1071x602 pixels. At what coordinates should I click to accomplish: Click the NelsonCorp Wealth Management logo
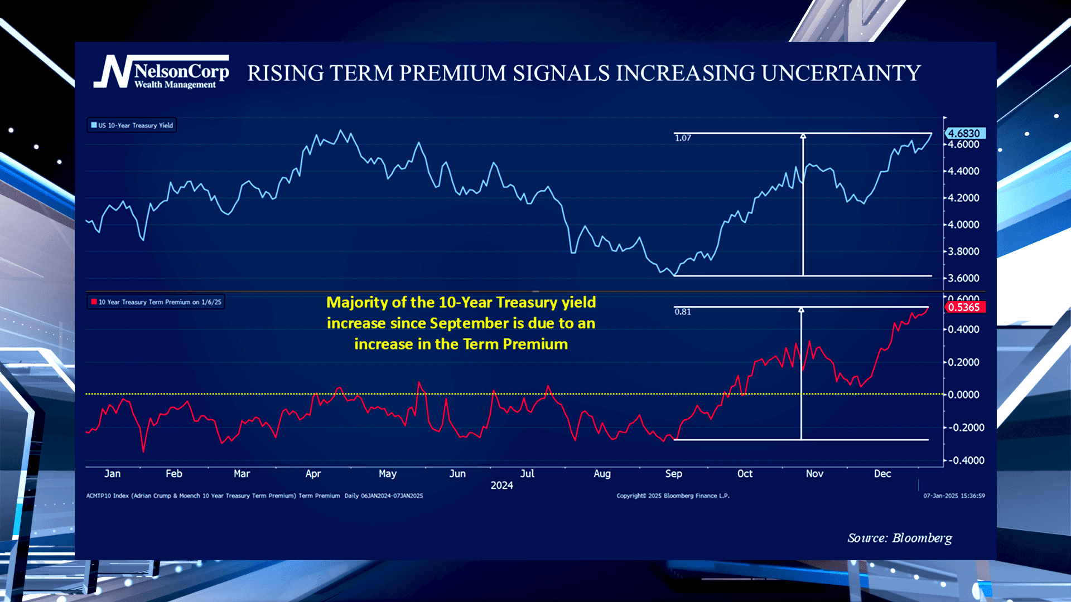pyautogui.click(x=161, y=72)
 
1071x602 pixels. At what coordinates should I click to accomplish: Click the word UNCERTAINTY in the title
pyautogui.click(x=841, y=74)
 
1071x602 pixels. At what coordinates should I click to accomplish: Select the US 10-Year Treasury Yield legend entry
pyautogui.click(x=132, y=125)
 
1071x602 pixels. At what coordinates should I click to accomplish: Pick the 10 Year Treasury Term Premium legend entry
pyautogui.click(x=156, y=302)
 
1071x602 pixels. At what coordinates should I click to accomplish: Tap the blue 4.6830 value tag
pyautogui.click(x=964, y=134)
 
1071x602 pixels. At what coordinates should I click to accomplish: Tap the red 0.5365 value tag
pyautogui.click(x=964, y=307)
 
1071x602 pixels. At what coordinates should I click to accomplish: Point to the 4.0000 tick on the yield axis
pyautogui.click(x=963, y=225)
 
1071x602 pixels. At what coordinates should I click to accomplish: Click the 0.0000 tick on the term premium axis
pyautogui.click(x=963, y=395)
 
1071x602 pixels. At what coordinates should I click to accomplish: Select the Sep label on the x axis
pyautogui.click(x=673, y=474)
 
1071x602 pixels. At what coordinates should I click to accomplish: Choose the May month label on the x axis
pyautogui.click(x=387, y=474)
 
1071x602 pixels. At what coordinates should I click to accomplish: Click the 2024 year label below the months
pyautogui.click(x=501, y=486)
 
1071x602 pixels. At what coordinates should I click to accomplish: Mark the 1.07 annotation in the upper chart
pyautogui.click(x=683, y=138)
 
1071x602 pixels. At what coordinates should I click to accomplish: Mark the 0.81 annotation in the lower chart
pyautogui.click(x=682, y=312)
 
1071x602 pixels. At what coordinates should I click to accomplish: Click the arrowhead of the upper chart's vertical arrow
pyautogui.click(x=803, y=136)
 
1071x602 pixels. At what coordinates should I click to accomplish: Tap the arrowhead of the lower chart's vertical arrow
pyautogui.click(x=801, y=310)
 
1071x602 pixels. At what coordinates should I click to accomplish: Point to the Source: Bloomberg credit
pyautogui.click(x=899, y=538)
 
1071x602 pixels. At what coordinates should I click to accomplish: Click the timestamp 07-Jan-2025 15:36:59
pyautogui.click(x=954, y=496)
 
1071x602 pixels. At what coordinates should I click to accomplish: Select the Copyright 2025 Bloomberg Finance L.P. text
pyautogui.click(x=673, y=496)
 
